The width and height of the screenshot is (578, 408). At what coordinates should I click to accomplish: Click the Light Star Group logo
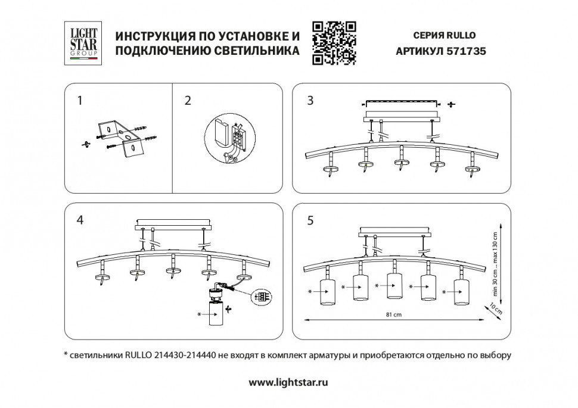[82, 42]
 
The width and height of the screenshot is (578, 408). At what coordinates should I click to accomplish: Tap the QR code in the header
[334, 42]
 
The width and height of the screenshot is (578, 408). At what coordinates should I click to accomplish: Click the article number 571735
[466, 51]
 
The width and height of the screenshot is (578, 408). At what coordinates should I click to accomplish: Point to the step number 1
[80, 101]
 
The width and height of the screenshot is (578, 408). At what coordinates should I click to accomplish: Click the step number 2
[188, 101]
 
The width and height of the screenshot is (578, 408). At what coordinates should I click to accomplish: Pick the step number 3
[309, 101]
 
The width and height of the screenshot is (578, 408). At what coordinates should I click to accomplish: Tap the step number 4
[80, 220]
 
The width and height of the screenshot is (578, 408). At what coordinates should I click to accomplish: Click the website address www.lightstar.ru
[288, 382]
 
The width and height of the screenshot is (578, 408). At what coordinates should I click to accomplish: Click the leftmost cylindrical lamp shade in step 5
[328, 290]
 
